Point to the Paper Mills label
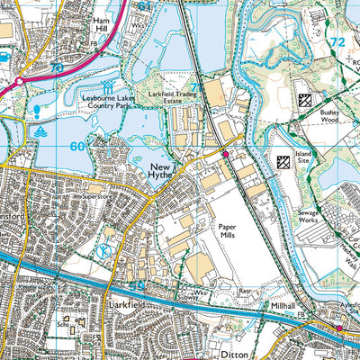227,236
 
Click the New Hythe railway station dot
225,154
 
